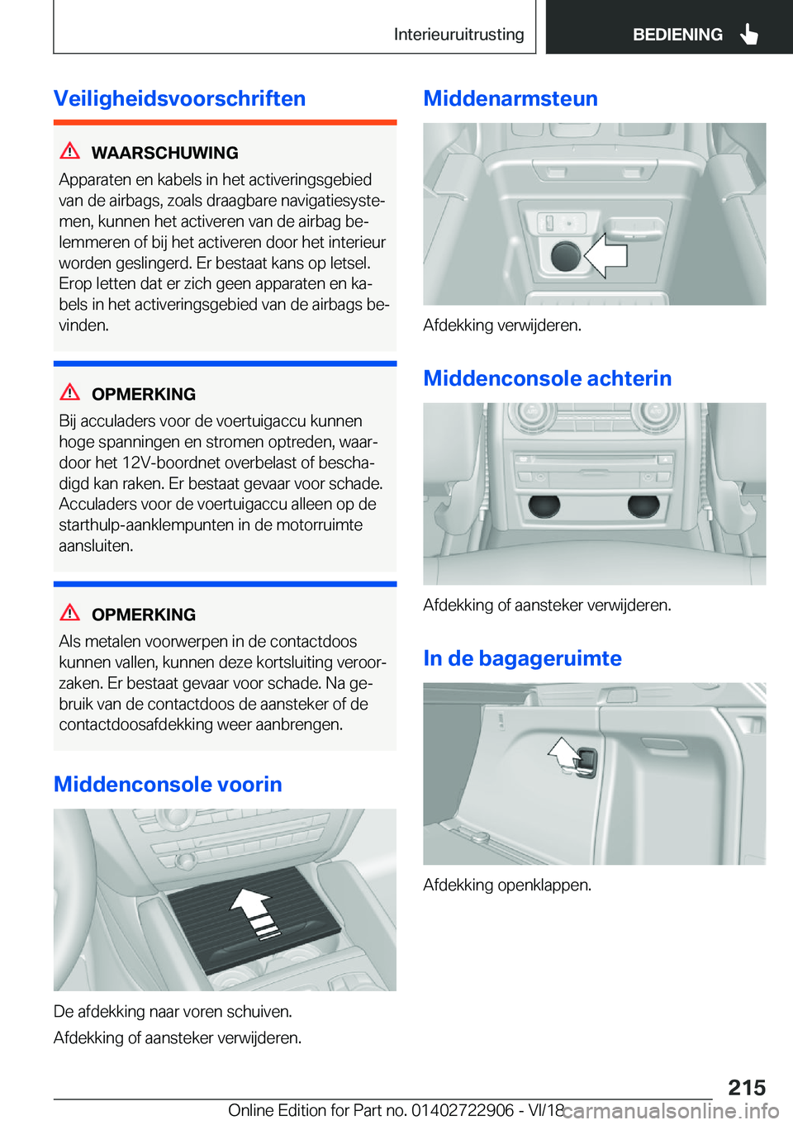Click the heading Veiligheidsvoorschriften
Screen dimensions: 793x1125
(179, 98)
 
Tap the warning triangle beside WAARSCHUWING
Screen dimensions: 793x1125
(70, 150)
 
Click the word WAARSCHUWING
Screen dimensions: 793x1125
(164, 153)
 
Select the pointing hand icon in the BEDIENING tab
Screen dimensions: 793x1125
(748, 34)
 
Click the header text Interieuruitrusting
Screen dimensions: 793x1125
(458, 34)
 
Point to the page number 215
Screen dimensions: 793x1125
(747, 1087)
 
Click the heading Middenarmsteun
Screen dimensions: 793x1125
(510, 98)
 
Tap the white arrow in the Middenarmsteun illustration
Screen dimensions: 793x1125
(605, 255)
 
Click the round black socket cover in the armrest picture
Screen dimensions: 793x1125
(566, 256)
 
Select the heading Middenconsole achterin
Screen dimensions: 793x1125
(548, 377)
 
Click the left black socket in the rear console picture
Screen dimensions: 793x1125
(544, 506)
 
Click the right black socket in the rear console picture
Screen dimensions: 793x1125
(643, 506)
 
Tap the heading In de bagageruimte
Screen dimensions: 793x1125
(522, 658)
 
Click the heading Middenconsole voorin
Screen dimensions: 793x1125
(168, 784)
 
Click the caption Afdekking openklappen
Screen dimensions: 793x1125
(507, 885)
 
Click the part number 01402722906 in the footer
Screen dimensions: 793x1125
(462, 1109)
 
